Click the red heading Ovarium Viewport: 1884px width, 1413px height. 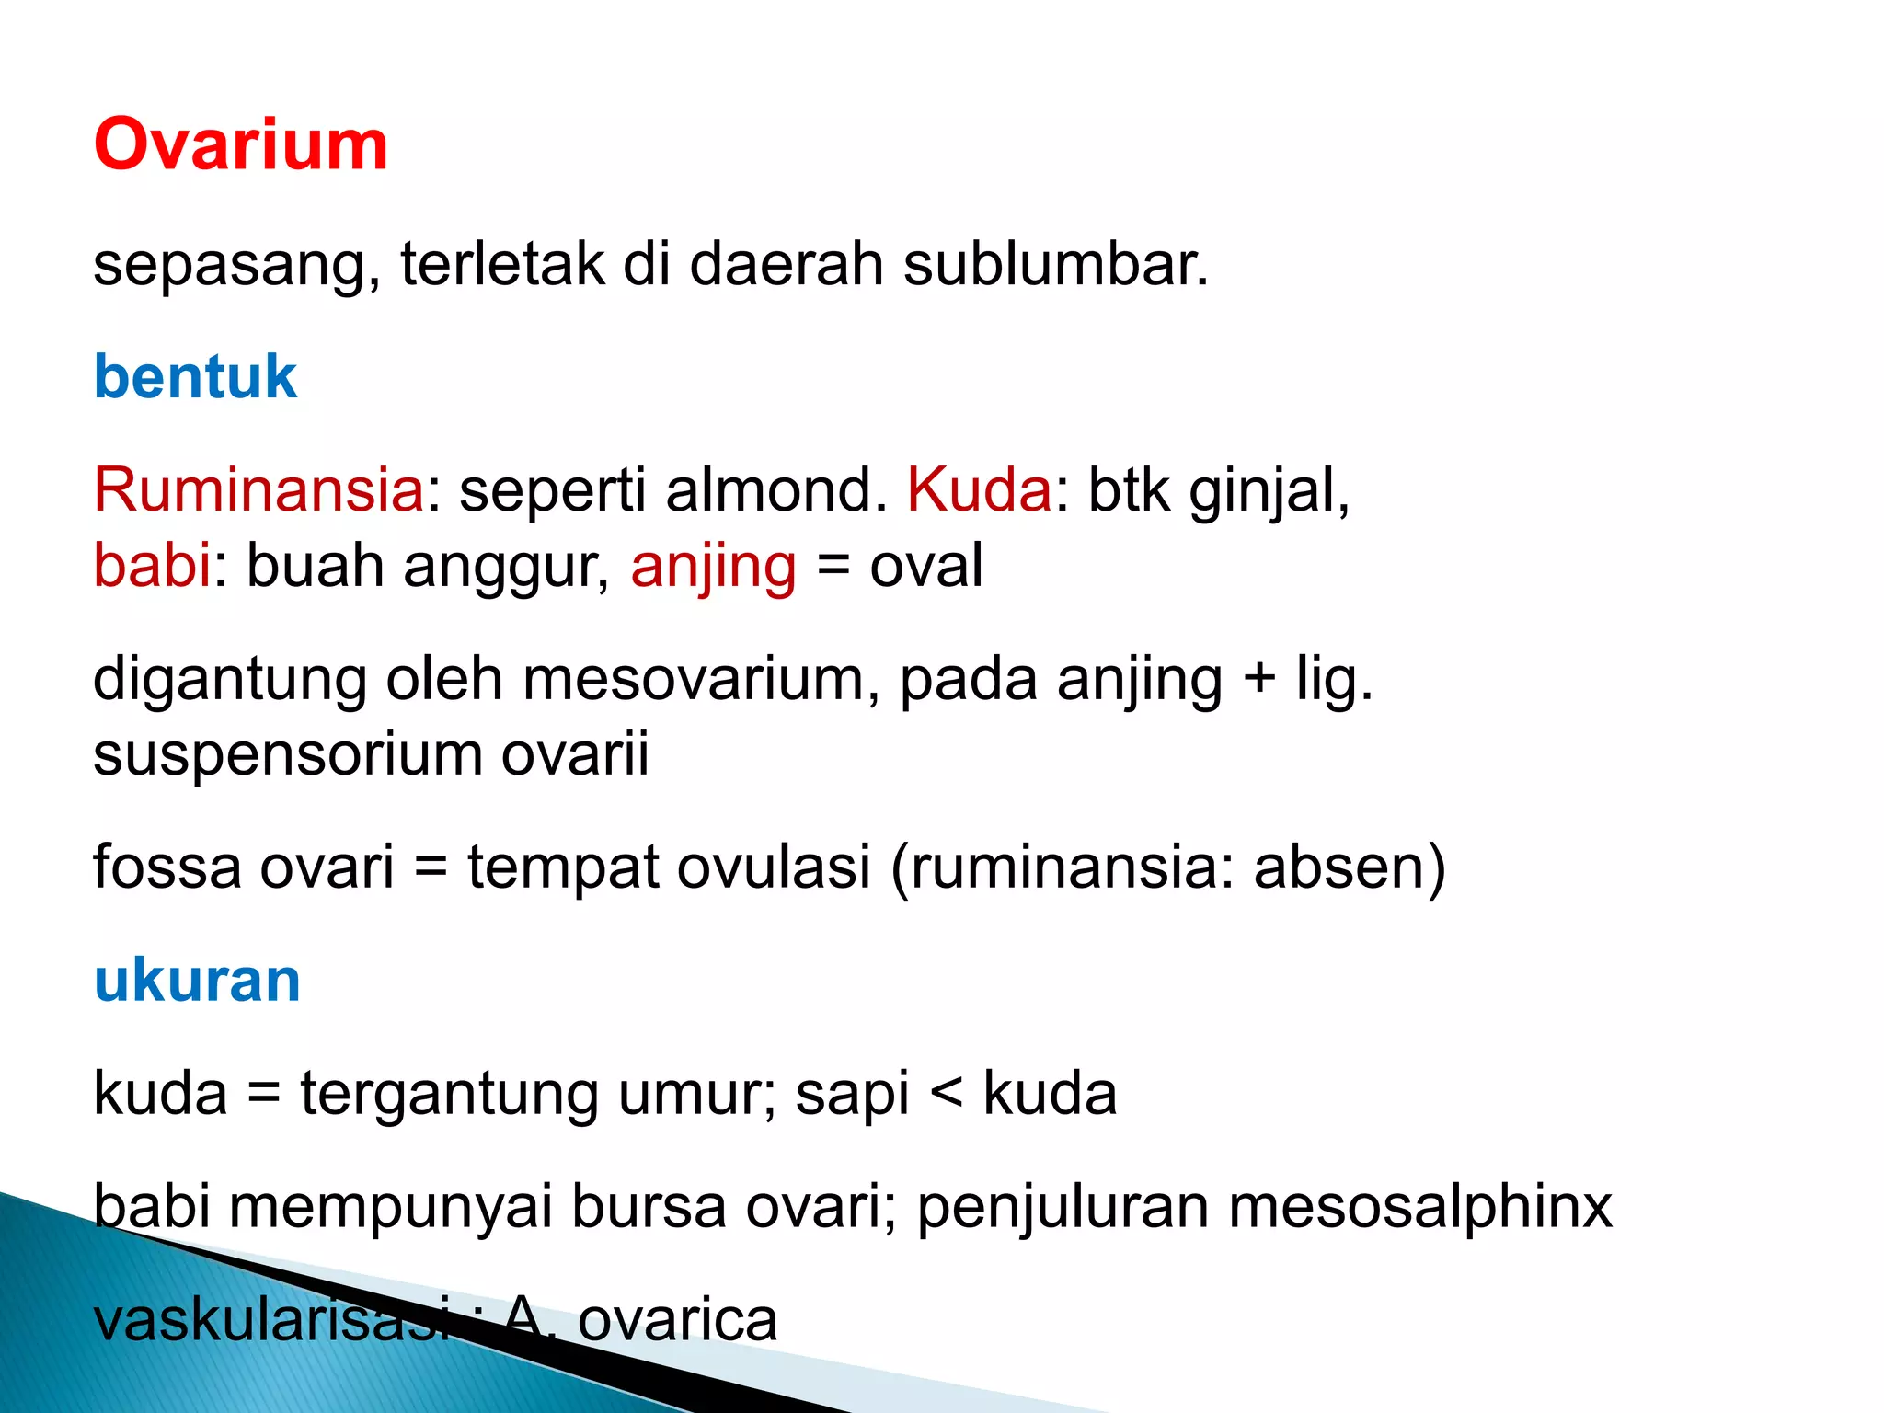point(241,145)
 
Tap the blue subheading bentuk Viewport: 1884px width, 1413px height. point(195,377)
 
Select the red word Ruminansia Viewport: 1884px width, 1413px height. point(258,489)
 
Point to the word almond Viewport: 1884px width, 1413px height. point(775,489)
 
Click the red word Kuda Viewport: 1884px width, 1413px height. point(979,489)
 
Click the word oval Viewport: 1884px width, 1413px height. point(926,565)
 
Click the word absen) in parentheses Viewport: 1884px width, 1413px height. point(1350,867)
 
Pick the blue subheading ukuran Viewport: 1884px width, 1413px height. point(197,981)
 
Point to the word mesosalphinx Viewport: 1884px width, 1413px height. point(1420,1206)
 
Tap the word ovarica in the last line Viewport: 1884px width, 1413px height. point(677,1319)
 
